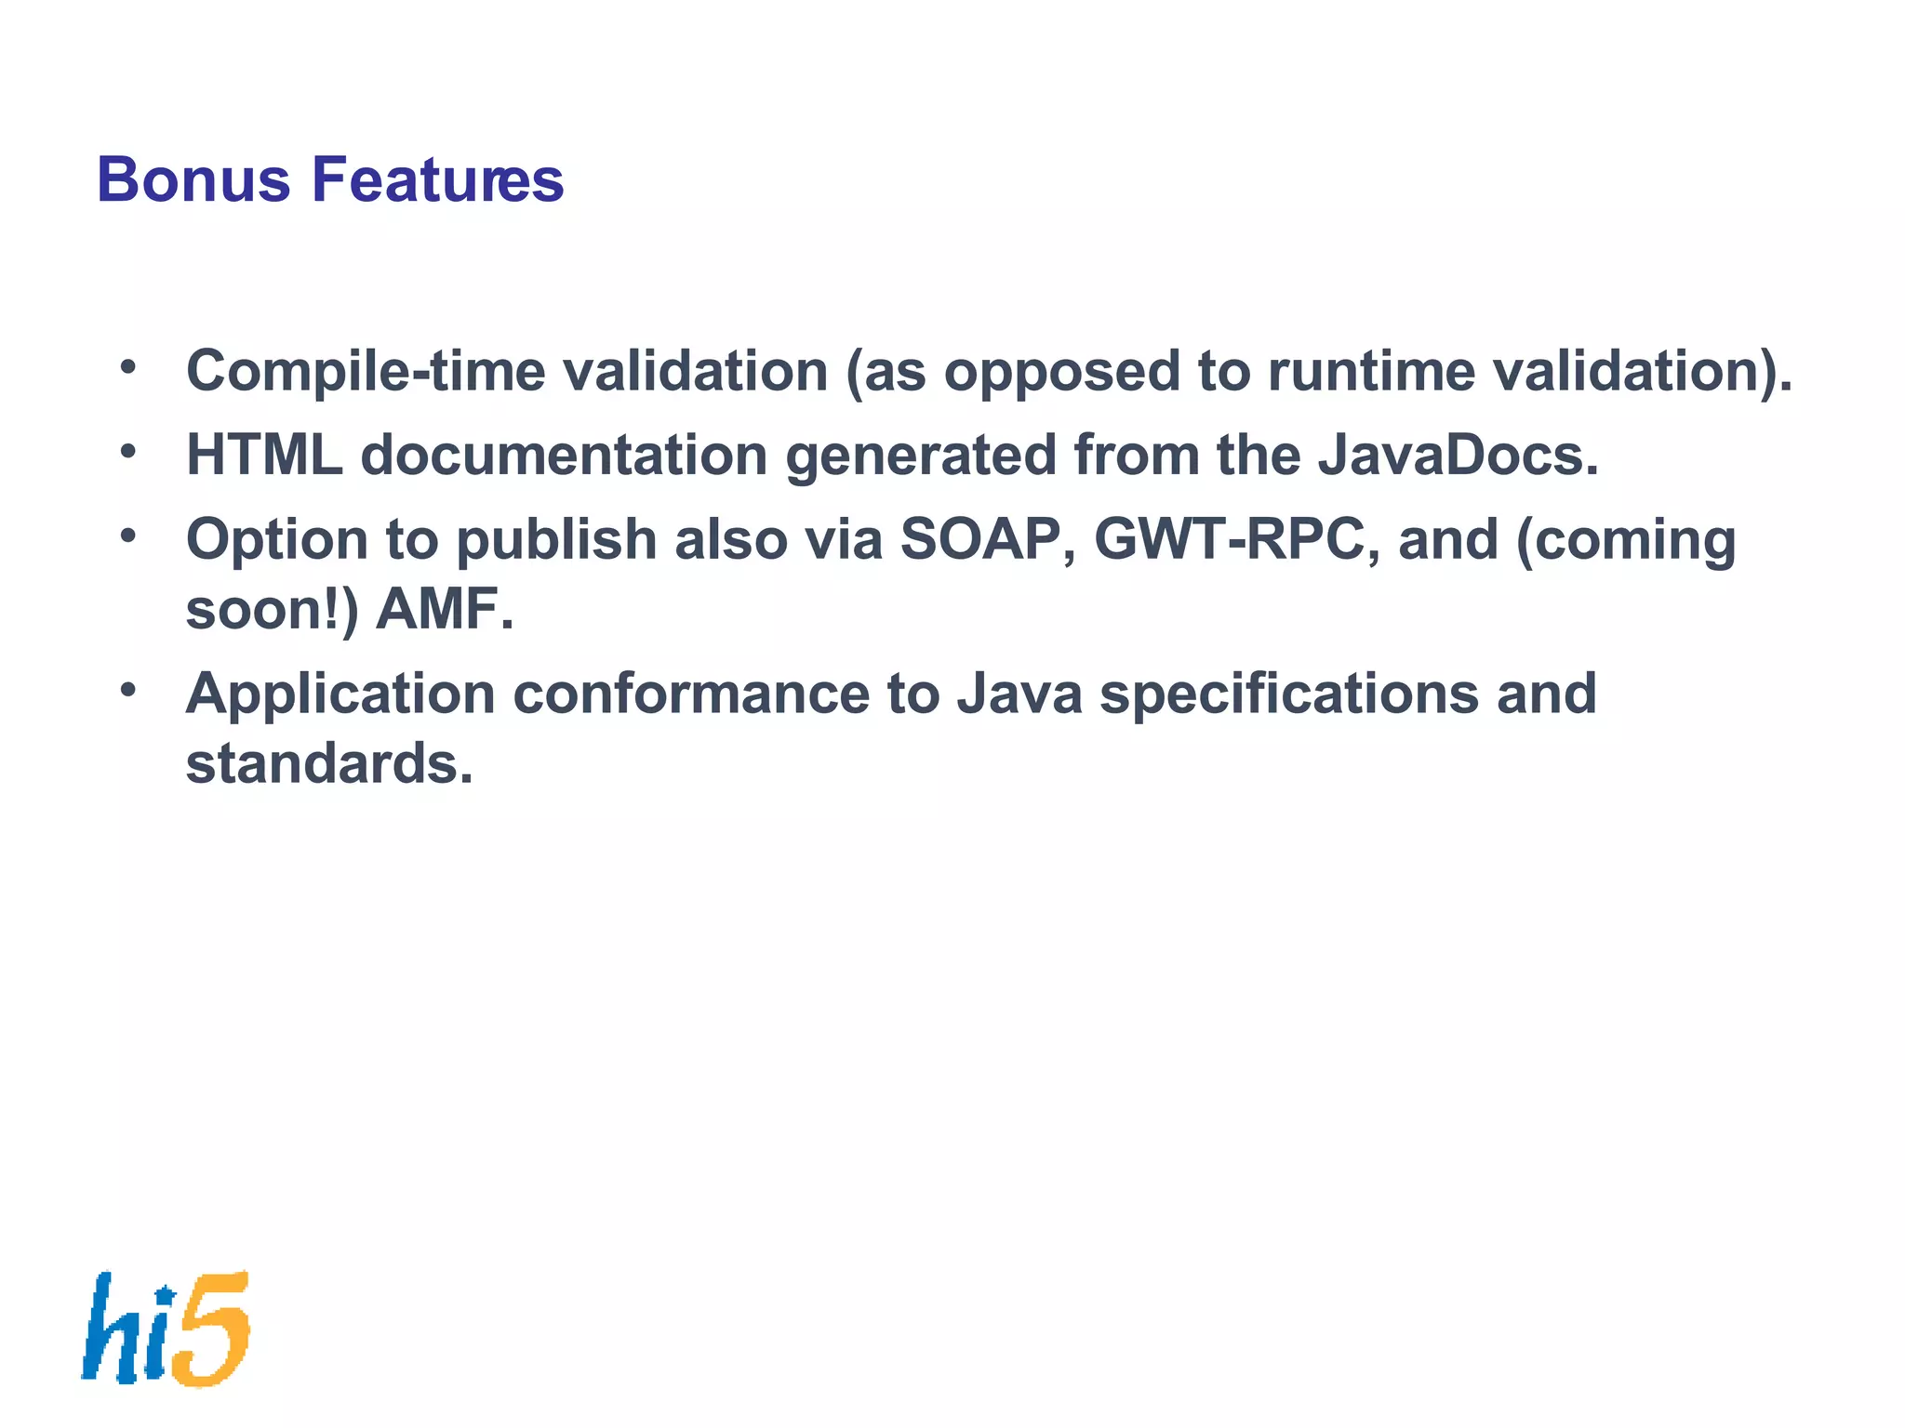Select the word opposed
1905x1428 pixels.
point(1061,372)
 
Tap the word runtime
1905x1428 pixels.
point(1371,372)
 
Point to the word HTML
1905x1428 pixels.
point(264,456)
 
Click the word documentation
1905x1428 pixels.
point(564,456)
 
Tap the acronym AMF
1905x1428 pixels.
point(444,610)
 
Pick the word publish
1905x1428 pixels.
point(556,539)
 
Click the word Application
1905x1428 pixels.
point(340,694)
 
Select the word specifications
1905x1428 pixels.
point(1288,694)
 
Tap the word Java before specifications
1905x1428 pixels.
point(1019,694)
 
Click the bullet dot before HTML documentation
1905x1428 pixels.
point(128,451)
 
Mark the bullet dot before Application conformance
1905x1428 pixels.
point(128,689)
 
